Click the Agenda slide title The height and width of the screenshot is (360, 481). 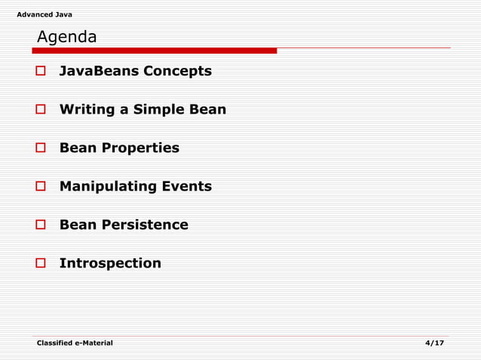[67, 37]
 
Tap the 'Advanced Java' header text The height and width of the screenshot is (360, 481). [44, 15]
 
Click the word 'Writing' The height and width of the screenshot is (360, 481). [86, 110]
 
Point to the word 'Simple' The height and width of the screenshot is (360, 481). [158, 110]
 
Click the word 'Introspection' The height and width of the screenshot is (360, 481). [110, 264]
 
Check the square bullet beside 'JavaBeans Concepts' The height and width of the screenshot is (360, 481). [42, 72]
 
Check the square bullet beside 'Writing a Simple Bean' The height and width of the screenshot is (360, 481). [42, 110]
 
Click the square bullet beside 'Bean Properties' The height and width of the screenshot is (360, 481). [42, 148]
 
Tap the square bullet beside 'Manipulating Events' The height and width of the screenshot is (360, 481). [42, 187]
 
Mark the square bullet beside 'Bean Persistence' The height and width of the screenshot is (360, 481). [42, 225]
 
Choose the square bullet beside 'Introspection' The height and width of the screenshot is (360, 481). [42, 264]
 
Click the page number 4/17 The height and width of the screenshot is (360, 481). [434, 343]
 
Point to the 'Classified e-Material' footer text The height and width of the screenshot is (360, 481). [75, 343]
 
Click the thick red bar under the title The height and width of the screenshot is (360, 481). [154, 51]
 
